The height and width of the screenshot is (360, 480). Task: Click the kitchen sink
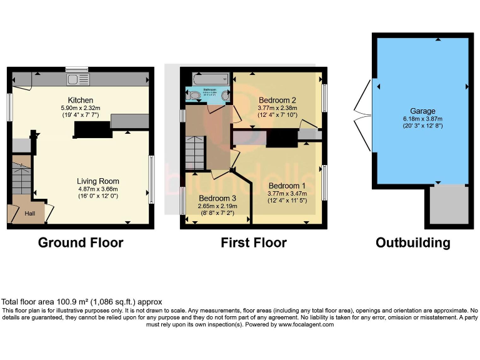tap(79, 79)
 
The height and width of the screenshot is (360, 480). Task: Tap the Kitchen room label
tap(81, 100)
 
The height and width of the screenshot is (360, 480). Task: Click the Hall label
tap(30, 214)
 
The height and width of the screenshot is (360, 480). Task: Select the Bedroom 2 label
tap(277, 100)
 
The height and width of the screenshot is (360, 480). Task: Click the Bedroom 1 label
tap(287, 186)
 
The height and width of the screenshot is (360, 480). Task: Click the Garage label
tap(422, 110)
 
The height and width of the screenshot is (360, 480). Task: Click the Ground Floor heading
tap(81, 242)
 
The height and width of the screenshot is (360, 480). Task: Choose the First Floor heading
tap(253, 242)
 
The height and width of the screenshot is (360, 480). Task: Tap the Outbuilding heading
tap(412, 242)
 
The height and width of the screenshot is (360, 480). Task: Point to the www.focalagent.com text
tap(306, 324)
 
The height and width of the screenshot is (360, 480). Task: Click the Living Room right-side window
tap(151, 179)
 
